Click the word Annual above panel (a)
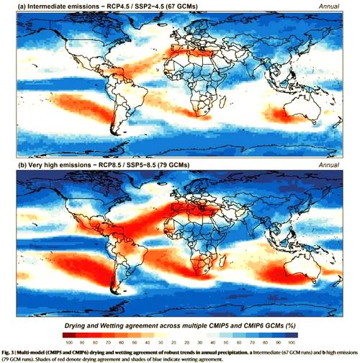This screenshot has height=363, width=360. click(339, 6)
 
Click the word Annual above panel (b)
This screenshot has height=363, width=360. click(339, 166)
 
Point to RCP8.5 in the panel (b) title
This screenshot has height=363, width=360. click(120, 166)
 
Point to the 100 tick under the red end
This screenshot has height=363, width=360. click(67, 344)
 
